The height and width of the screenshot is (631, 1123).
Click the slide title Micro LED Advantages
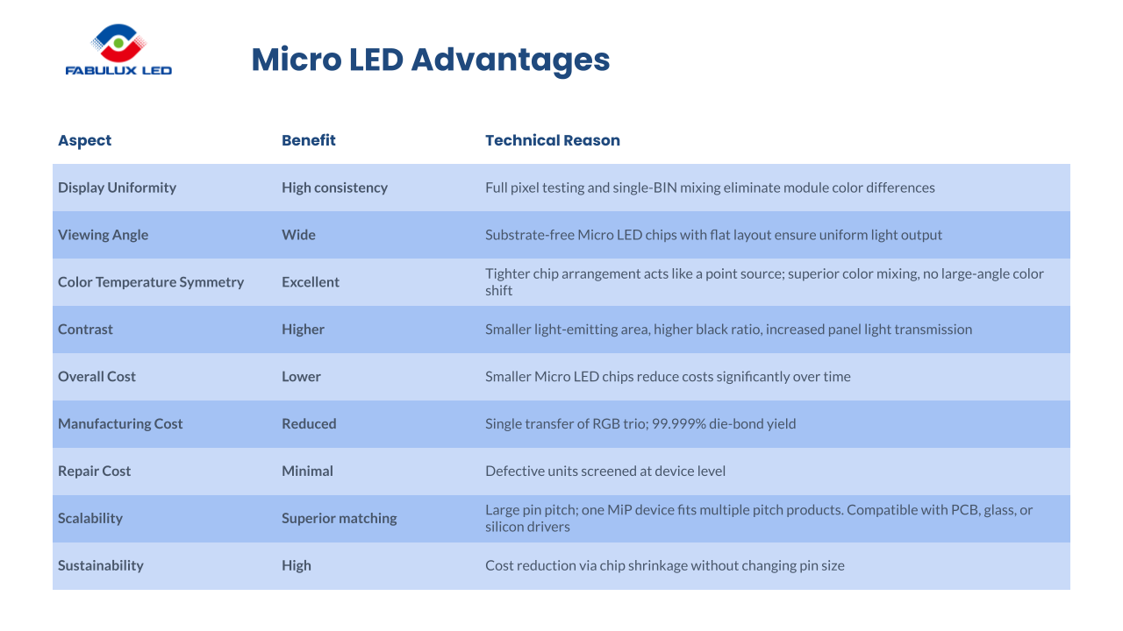(x=430, y=60)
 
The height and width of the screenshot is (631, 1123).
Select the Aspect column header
(x=85, y=140)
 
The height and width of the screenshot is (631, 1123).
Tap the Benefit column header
(x=309, y=140)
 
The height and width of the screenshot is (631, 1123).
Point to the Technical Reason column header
(x=553, y=140)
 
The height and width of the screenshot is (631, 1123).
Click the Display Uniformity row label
(x=117, y=188)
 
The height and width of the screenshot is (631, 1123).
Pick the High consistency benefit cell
(x=334, y=188)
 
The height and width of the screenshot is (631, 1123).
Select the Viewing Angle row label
(x=103, y=235)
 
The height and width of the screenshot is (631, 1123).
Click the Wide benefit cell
(x=298, y=235)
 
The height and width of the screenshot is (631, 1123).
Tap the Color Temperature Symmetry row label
(x=151, y=282)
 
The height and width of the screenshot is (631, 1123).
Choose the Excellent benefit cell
(x=311, y=282)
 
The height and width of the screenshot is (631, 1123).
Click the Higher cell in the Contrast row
(x=303, y=330)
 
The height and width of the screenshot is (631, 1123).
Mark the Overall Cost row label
(x=97, y=377)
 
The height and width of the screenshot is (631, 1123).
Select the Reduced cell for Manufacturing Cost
(x=309, y=424)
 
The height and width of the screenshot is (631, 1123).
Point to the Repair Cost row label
(x=94, y=471)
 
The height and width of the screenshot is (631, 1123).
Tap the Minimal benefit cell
(x=307, y=471)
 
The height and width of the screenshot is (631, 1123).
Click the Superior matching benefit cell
(x=339, y=519)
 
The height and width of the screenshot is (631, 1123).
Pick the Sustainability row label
(x=100, y=566)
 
